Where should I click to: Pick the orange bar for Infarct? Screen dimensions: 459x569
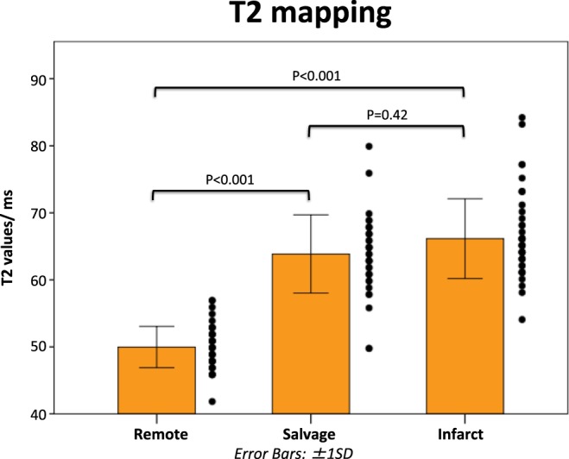pyautogui.click(x=465, y=325)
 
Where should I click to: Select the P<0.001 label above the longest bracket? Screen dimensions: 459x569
pyautogui.click(x=308, y=75)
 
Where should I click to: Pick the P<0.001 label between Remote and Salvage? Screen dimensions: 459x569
pyautogui.click(x=231, y=179)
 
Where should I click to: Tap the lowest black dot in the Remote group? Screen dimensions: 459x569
pyautogui.click(x=212, y=401)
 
